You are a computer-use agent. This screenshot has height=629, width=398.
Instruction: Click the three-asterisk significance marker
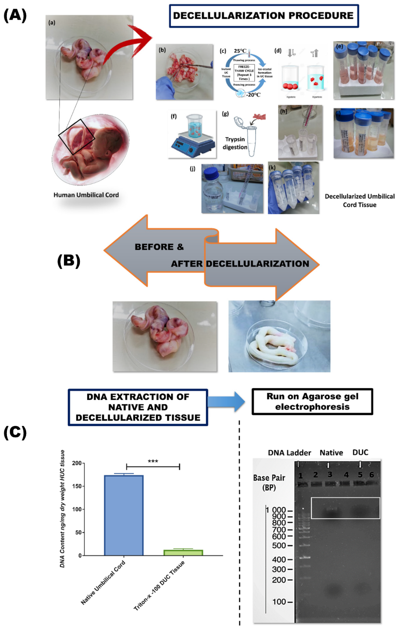(x=153, y=461)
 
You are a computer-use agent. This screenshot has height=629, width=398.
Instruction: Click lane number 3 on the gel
(x=330, y=474)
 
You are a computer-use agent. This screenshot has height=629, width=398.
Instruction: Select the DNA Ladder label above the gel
(x=290, y=453)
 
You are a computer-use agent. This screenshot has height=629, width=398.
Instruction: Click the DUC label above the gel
(x=360, y=452)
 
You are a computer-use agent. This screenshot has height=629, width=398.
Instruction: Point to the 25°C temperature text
(x=240, y=51)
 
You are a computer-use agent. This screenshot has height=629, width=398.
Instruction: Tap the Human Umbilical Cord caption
(x=86, y=195)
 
